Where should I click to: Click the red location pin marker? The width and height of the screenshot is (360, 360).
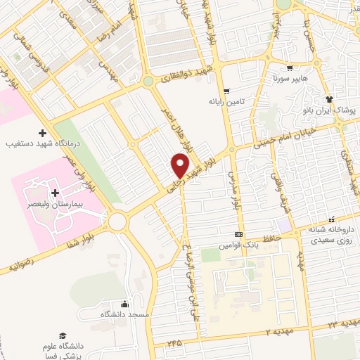pyautogui.click(x=181, y=166)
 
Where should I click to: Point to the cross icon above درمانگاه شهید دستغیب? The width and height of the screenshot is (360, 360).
pyautogui.click(x=42, y=133)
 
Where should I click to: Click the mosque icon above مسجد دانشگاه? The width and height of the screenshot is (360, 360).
pyautogui.click(x=125, y=304)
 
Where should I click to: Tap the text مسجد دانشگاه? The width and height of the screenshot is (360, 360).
pyautogui.click(x=125, y=314)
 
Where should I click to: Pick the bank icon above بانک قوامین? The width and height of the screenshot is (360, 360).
pyautogui.click(x=239, y=234)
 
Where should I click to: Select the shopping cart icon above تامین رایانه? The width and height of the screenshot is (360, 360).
pyautogui.click(x=226, y=91)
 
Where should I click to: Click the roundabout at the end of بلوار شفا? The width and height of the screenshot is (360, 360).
pyautogui.click(x=117, y=222)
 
